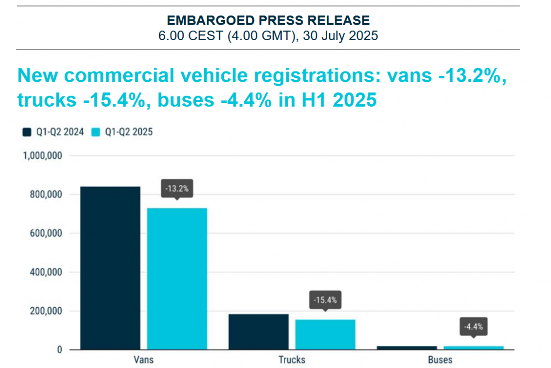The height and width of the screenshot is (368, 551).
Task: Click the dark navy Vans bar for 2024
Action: pyautogui.click(x=110, y=268)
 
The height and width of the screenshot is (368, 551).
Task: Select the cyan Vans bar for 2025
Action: pyautogui.click(x=177, y=278)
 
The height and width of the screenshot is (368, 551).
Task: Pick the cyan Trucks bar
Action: pyautogui.click(x=325, y=334)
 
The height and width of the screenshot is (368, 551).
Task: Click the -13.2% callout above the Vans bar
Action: pyautogui.click(x=177, y=189)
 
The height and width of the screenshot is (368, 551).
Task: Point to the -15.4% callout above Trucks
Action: pyautogui.click(x=325, y=300)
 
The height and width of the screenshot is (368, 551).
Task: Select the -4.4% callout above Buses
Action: pyautogui.click(x=473, y=327)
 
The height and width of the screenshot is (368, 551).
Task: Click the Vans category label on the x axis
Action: pyautogui.click(x=144, y=360)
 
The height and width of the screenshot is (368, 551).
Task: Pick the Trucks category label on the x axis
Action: pyautogui.click(x=292, y=360)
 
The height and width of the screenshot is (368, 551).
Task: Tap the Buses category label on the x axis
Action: pyautogui.click(x=440, y=360)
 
